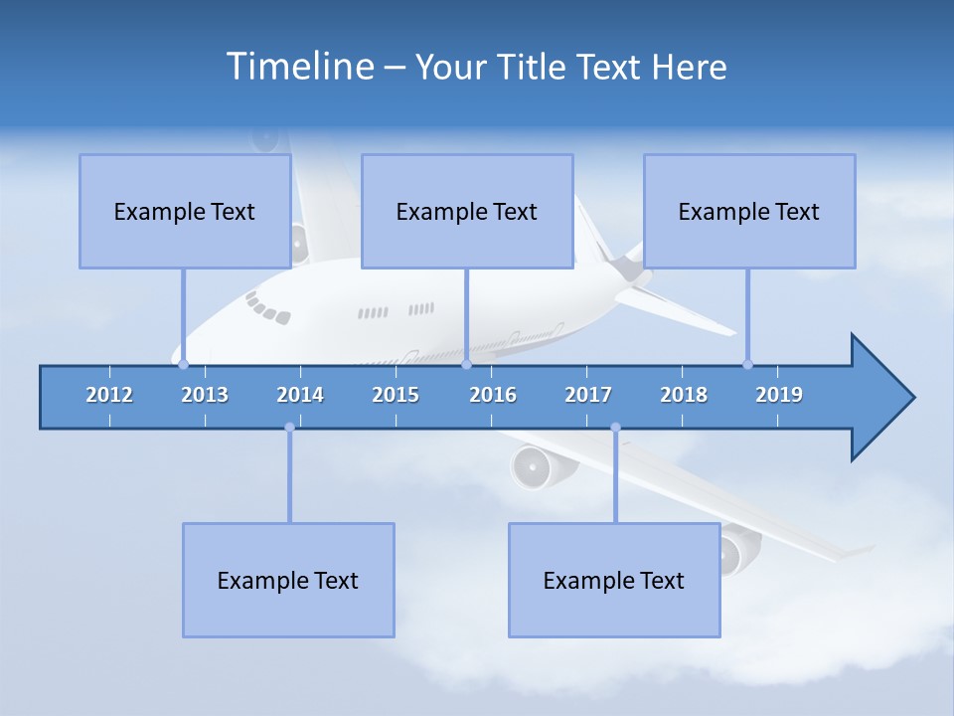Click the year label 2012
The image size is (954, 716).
pos(109,395)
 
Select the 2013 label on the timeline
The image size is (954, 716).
pos(205,395)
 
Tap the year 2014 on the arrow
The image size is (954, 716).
pos(300,395)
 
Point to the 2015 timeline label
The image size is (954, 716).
pos(396,395)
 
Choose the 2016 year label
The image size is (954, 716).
pos(493,395)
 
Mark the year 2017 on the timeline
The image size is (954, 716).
pos(588,395)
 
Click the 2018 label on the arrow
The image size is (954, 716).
pos(684,395)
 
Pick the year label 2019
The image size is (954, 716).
pos(779,395)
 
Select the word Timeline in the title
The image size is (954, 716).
pos(299,67)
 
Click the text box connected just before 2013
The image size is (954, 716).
pos(185,211)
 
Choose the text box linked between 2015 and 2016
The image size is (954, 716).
pos(467,211)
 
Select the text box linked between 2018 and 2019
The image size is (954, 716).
pos(749,211)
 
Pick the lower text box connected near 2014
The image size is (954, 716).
pos(288,580)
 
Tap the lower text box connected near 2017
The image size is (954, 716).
pos(614,580)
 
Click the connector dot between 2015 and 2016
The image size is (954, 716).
pos(466,365)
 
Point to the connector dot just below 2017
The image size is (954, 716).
pos(615,428)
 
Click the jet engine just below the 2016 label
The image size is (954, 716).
pos(533,464)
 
